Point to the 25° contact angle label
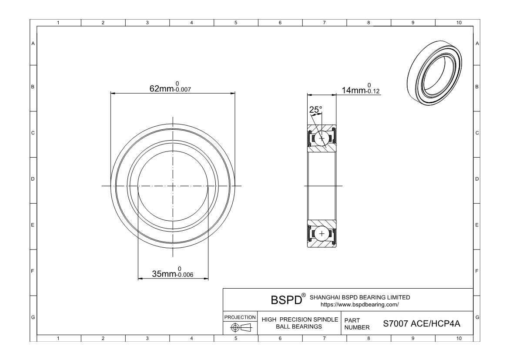tap(315, 110)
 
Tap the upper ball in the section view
tap(322, 138)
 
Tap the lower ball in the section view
tap(322, 234)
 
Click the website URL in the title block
tap(359, 304)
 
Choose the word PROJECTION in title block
tap(240, 317)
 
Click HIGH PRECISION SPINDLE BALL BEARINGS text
tap(300, 323)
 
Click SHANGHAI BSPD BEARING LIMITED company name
tap(359, 297)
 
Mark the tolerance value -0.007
tap(183, 91)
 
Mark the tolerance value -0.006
tap(184, 275)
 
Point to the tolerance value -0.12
tap(374, 92)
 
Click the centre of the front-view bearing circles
tap(173, 186)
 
